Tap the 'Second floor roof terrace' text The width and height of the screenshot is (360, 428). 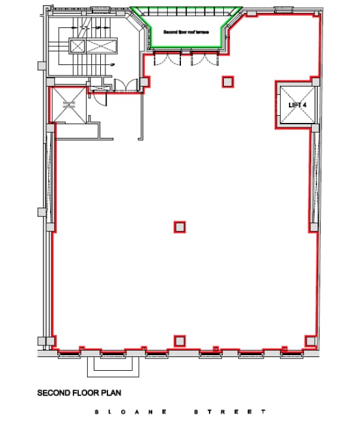click(x=186, y=31)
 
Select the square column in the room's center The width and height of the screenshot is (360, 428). click(x=180, y=227)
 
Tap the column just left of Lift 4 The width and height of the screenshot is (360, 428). click(x=228, y=81)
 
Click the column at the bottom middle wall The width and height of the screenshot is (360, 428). click(x=180, y=341)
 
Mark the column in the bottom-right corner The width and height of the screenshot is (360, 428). click(x=311, y=341)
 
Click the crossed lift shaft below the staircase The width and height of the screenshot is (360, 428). click(x=68, y=105)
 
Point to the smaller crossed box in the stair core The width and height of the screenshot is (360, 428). click(x=77, y=46)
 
